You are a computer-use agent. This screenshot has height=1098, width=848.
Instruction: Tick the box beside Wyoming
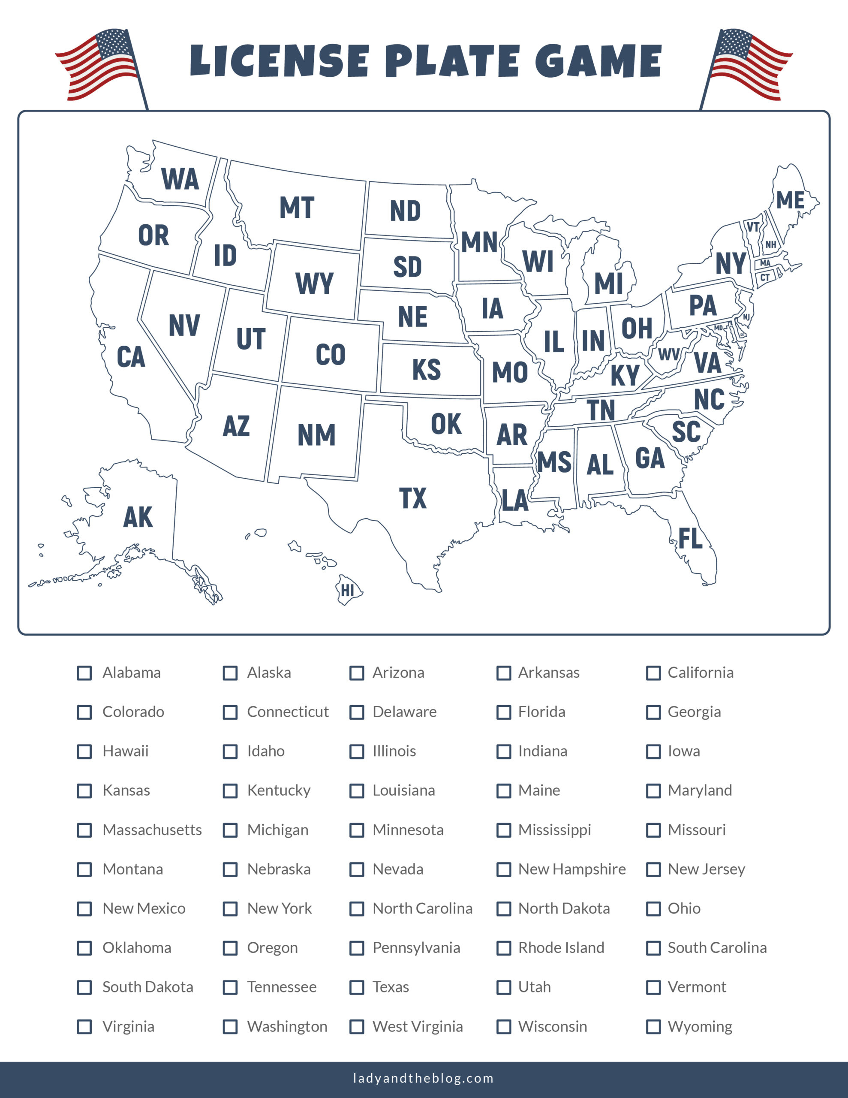pyautogui.click(x=653, y=1027)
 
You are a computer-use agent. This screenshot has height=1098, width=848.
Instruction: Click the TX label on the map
pyautogui.click(x=413, y=498)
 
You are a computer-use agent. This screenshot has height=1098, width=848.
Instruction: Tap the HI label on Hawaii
pyautogui.click(x=347, y=590)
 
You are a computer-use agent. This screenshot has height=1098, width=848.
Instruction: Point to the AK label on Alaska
pyautogui.click(x=138, y=517)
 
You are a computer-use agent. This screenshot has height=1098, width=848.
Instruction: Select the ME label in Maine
pyautogui.click(x=790, y=200)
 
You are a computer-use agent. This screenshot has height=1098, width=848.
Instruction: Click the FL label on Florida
pyautogui.click(x=690, y=538)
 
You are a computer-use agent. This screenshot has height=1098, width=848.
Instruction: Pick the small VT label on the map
pyautogui.click(x=752, y=227)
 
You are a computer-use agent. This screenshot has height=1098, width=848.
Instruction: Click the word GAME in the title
pyautogui.click(x=598, y=61)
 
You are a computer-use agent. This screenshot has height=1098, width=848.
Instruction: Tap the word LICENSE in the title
pyautogui.click(x=280, y=61)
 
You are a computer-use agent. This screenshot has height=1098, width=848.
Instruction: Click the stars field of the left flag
pyautogui.click(x=114, y=44)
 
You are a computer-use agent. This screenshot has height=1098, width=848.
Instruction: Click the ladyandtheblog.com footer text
pyautogui.click(x=423, y=1078)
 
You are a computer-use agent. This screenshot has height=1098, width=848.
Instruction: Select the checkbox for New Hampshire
pyautogui.click(x=504, y=869)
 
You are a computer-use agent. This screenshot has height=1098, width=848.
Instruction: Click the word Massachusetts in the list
pyautogui.click(x=152, y=830)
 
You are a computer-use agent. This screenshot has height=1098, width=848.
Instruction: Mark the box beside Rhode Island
pyautogui.click(x=504, y=948)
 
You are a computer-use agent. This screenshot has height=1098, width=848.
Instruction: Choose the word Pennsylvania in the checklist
pyautogui.click(x=416, y=948)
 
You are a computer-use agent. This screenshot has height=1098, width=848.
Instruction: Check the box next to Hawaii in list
pyautogui.click(x=84, y=751)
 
